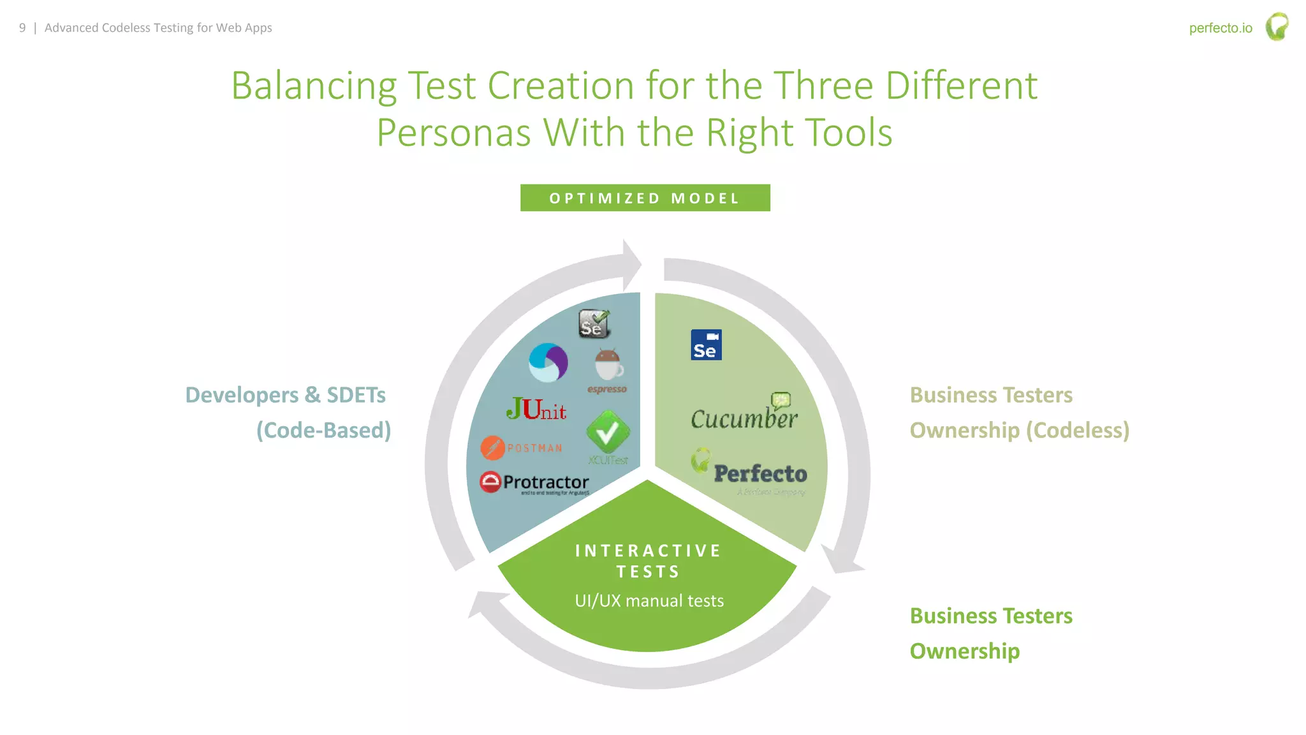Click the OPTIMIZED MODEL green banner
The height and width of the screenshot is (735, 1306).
(645, 198)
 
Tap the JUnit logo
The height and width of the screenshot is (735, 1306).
(536, 410)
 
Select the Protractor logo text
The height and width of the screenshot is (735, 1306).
(545, 482)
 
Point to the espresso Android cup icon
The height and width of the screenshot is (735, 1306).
(608, 365)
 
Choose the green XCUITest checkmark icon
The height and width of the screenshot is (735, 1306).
(608, 432)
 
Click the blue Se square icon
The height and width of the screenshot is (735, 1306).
(706, 345)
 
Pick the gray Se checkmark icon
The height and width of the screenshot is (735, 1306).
(594, 323)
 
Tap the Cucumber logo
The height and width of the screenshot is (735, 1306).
(744, 416)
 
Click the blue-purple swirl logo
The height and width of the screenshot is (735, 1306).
(548, 362)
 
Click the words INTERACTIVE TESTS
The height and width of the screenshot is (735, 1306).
(648, 561)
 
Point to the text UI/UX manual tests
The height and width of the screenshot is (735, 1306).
(649, 601)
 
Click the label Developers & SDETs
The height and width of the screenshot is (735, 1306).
(285, 395)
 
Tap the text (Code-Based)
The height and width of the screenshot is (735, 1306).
(323, 430)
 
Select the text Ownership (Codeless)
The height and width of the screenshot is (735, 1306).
(1019, 430)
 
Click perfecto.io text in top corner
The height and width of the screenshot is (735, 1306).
(1220, 28)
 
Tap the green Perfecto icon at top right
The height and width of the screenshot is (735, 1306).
(1277, 27)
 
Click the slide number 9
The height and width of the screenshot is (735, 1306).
(22, 27)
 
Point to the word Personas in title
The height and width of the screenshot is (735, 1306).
(453, 133)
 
